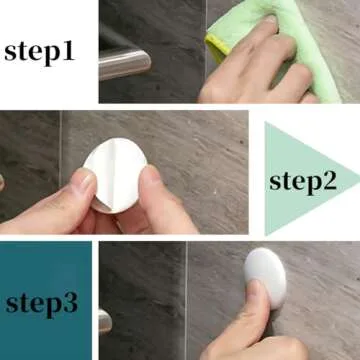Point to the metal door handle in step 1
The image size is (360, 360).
126,62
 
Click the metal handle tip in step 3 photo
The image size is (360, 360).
105,320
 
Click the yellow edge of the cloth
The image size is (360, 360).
213,45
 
